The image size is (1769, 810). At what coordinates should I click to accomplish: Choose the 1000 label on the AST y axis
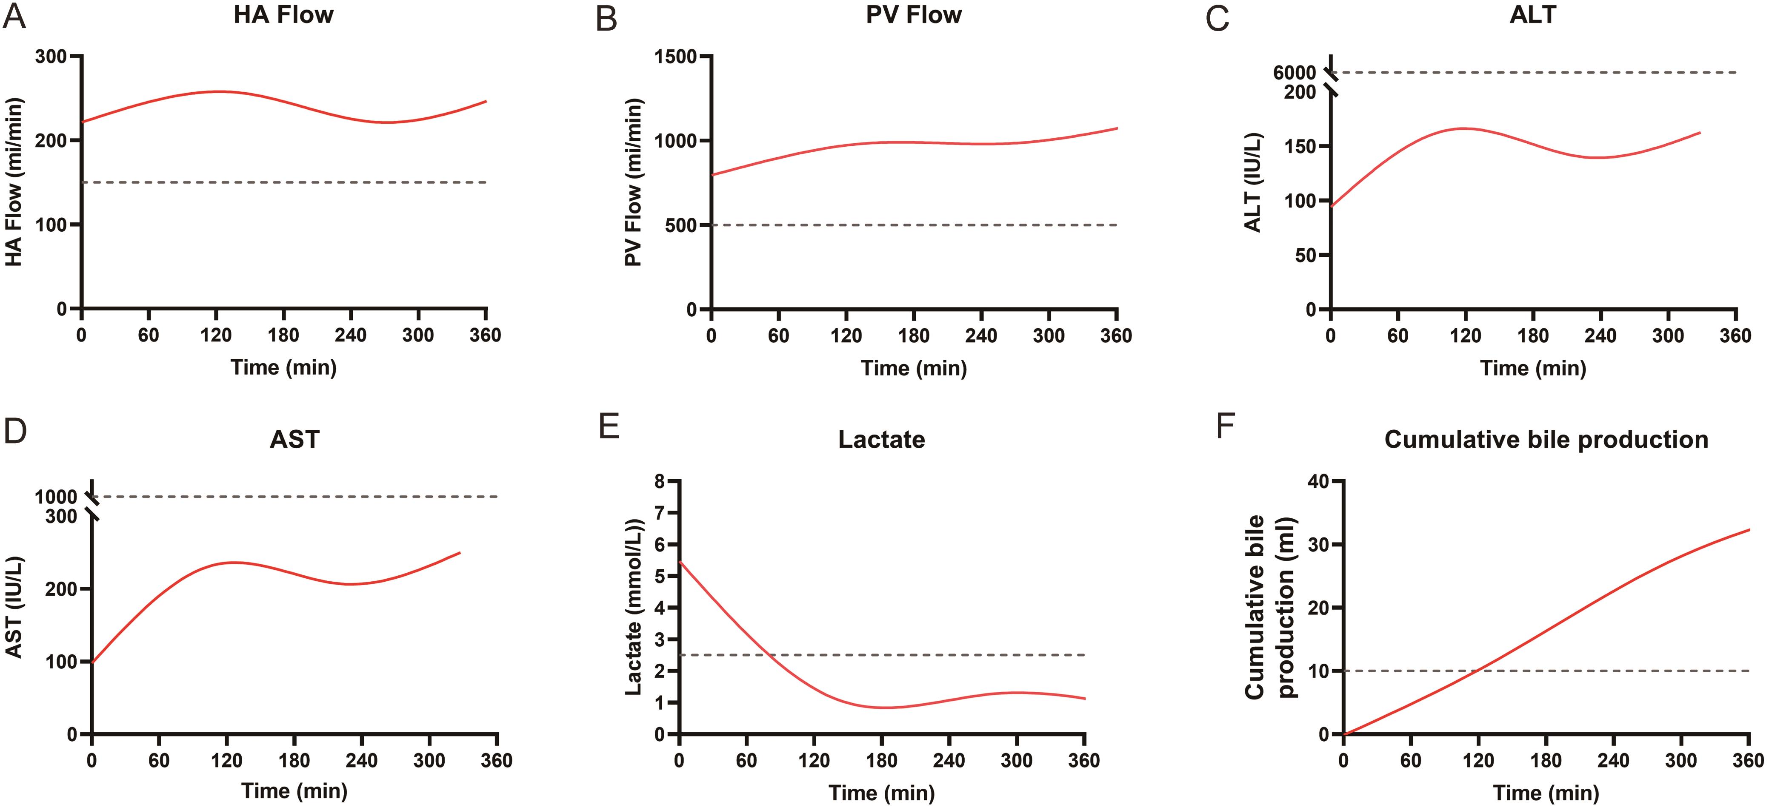[x=56, y=496]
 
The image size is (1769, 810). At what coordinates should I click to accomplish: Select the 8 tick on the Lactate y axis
[x=660, y=482]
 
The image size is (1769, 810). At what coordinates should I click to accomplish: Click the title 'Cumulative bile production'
[x=1546, y=439]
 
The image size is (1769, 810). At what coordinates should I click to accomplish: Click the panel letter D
[x=15, y=431]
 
